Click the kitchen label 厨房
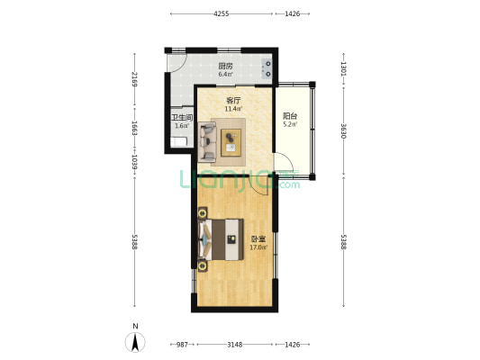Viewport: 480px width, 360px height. (x=225, y=66)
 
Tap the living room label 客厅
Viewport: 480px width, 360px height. (x=233, y=100)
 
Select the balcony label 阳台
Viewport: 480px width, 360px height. (x=290, y=116)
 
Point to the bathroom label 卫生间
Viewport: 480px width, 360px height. (x=182, y=118)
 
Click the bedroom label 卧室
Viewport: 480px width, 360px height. (x=258, y=238)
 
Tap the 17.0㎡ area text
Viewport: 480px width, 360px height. (x=258, y=247)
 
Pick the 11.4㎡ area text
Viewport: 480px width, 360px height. (x=233, y=109)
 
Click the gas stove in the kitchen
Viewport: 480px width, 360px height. (x=267, y=68)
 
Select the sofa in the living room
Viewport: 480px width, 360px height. (x=207, y=141)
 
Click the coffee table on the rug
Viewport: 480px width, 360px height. (x=231, y=143)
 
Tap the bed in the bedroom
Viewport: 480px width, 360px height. (x=221, y=239)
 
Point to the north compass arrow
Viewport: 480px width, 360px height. (x=135, y=342)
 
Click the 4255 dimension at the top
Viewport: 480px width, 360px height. (x=222, y=13)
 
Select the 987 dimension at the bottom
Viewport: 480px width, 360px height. (x=182, y=345)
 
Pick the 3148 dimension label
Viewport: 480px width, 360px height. (x=235, y=345)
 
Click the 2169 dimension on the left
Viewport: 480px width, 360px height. (x=134, y=79)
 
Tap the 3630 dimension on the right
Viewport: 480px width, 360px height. (x=343, y=131)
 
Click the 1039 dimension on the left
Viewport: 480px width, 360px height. (x=134, y=162)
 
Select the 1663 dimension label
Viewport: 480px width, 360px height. (x=134, y=128)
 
